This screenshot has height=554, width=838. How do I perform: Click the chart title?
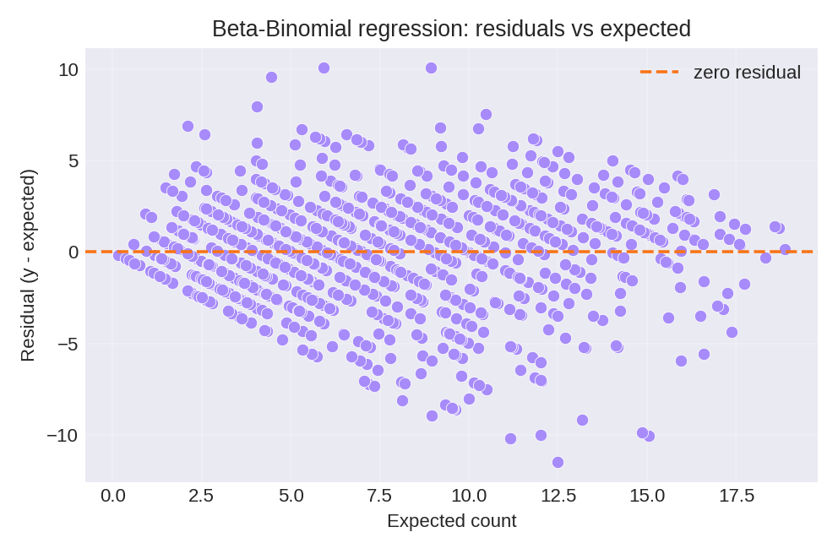coord(451,29)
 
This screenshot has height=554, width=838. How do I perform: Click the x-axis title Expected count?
coord(451,521)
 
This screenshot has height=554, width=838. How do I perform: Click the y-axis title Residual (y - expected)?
coord(28,265)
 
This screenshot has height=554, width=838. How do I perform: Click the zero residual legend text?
coord(747,73)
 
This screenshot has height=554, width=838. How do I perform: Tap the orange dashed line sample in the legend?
coord(659,73)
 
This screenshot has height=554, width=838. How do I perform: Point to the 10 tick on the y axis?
coord(68,69)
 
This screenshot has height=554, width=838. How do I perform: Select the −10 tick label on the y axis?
coord(63,435)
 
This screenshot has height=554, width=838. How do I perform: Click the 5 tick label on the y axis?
coord(73,160)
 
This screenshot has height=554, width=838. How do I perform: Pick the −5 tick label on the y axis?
coord(68,344)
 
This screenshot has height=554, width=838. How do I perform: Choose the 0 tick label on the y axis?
coord(73,252)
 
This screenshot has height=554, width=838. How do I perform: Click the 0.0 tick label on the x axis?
coord(113,496)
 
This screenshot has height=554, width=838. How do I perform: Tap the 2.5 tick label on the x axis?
coord(201,496)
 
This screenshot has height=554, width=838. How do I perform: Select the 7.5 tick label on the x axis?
coord(379,496)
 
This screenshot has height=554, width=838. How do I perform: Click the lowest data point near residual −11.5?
coord(558,462)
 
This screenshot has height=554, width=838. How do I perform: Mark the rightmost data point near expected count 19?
coord(785,249)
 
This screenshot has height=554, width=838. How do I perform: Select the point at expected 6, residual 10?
coord(324,68)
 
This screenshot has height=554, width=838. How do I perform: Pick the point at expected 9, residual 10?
coord(431,68)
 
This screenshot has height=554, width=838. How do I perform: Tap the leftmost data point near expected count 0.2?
coord(119,254)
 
